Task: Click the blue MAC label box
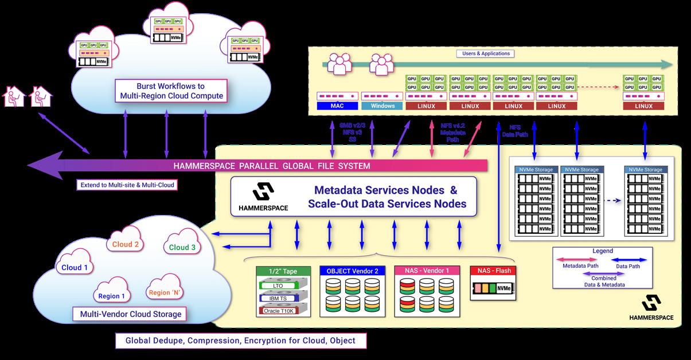coord(337,106)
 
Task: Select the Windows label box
coord(382,106)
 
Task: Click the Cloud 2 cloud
coord(125,244)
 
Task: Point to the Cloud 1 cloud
coord(75,267)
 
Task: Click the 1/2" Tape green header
coord(283,271)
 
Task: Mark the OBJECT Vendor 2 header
coord(352,271)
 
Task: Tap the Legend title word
coord(602,251)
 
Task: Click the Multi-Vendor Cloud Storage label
coord(127,314)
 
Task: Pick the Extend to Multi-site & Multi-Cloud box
coord(126,185)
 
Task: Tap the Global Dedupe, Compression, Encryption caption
coord(241,341)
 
